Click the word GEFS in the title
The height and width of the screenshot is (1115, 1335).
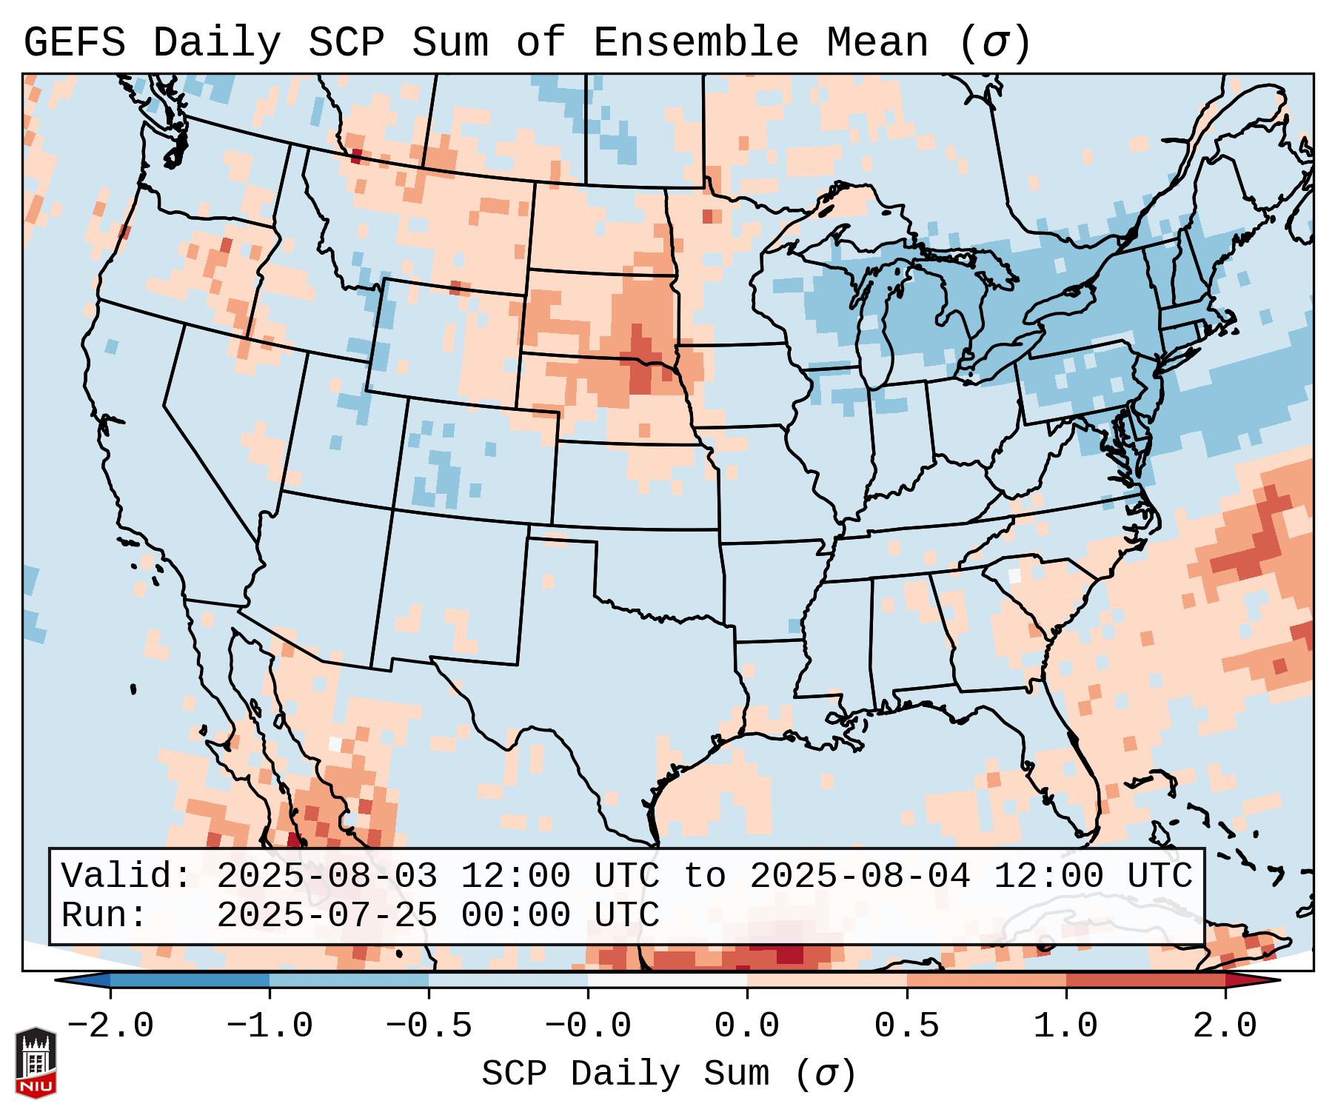click(74, 43)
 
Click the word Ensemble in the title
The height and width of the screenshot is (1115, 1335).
click(695, 43)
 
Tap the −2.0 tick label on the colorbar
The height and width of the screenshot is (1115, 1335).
click(110, 1027)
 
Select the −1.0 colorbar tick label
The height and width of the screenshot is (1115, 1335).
click(270, 1027)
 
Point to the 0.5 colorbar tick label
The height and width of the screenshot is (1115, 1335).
click(906, 1027)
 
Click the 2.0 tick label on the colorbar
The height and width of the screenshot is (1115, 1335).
click(1225, 1027)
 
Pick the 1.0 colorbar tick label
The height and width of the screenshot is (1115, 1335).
click(1065, 1027)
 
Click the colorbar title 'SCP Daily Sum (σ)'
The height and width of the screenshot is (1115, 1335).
click(669, 1074)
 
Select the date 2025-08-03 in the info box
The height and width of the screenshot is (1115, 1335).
click(327, 877)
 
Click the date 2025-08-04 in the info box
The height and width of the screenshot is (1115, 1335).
click(860, 877)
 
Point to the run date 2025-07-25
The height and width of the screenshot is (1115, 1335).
click(327, 916)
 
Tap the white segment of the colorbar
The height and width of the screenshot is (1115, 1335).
click(667, 980)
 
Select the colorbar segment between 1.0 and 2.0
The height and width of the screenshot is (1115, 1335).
click(1145, 980)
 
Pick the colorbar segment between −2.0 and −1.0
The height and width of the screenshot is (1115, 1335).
click(190, 980)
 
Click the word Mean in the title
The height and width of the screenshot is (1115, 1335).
click(877, 43)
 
